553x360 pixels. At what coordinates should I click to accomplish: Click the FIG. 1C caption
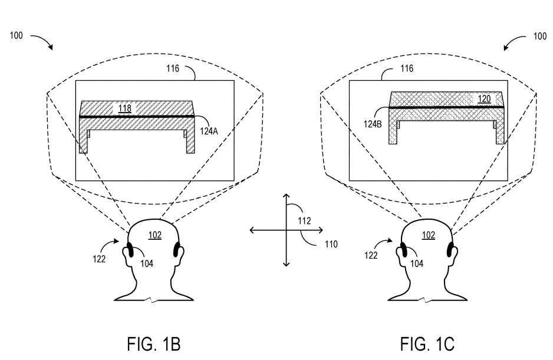pos(427,344)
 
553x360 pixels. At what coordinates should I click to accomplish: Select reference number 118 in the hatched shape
pos(125,108)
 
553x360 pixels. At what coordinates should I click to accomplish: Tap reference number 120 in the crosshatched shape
pos(483,100)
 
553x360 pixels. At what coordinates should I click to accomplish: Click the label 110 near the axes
pos(330,243)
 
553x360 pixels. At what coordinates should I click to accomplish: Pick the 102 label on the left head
pos(154,235)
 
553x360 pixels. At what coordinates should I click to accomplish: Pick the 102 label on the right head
pos(429,235)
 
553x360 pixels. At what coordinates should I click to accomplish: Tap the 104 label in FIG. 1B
pos(146,263)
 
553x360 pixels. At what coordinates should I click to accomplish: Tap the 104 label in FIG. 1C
pos(420,263)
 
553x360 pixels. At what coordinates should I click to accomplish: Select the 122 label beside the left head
pos(100,258)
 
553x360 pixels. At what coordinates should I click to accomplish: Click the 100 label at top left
pos(17,36)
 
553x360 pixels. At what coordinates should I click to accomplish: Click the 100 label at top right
pos(539,36)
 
